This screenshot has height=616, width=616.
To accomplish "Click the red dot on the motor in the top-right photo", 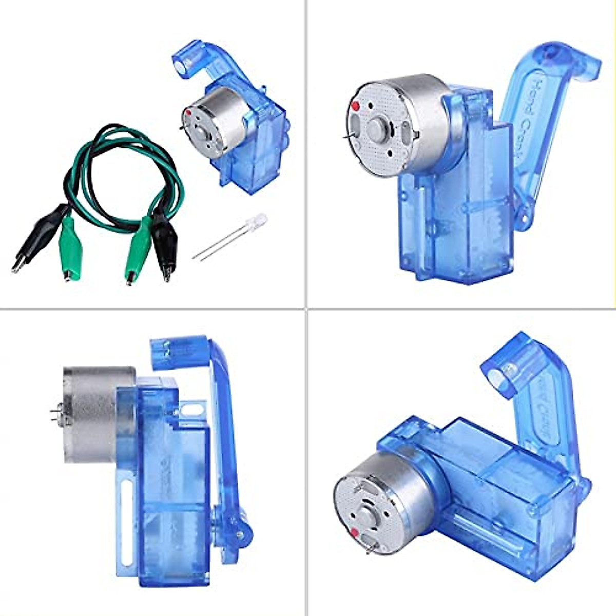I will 354,106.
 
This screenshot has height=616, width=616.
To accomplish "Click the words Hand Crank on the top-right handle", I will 539,113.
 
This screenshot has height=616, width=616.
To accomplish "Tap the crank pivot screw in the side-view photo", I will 240,534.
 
